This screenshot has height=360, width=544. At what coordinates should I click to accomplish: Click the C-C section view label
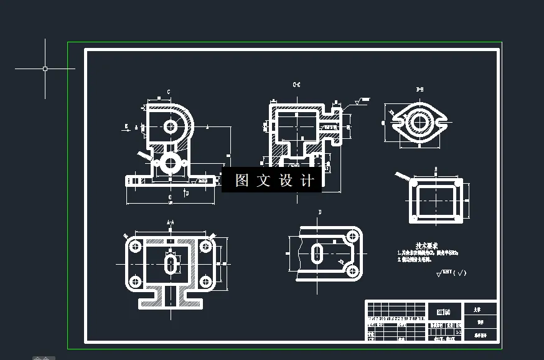tap(296, 84)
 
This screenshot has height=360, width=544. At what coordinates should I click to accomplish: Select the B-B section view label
tap(420, 90)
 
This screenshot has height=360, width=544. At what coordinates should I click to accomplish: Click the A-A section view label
tap(170, 222)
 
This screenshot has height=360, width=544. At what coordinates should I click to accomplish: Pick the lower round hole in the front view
tap(170, 164)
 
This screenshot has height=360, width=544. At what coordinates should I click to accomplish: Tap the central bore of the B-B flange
tap(419, 123)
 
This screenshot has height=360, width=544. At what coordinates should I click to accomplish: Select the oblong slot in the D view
tap(317, 253)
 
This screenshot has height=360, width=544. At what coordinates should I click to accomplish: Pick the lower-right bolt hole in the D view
tap(352, 270)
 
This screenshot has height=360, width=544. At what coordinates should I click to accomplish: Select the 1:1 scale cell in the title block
tap(459, 333)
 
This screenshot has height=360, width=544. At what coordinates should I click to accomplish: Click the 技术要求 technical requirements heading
tap(427, 246)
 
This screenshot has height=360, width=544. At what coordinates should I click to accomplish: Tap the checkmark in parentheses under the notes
tap(460, 273)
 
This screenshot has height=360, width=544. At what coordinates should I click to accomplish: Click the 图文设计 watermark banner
tap(272, 181)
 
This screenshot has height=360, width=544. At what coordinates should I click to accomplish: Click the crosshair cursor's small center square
tap(45, 69)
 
